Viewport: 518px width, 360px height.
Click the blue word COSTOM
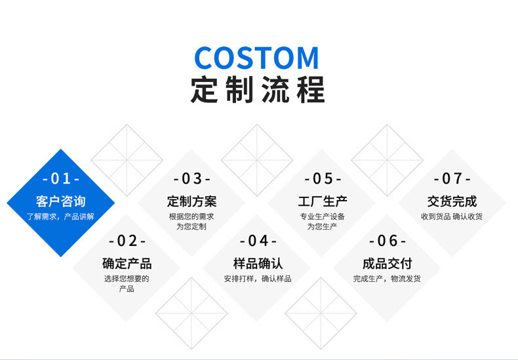point(257,58)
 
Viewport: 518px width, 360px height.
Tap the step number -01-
point(60,178)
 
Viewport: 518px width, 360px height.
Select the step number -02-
point(127,241)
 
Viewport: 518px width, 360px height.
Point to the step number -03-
point(191,178)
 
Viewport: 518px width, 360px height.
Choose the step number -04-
point(258,241)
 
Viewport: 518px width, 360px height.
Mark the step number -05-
point(323,178)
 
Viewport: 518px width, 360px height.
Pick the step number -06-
point(388,241)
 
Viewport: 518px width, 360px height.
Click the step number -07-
point(452,178)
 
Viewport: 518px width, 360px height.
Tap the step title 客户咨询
point(60,201)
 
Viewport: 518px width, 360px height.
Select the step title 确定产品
point(127,264)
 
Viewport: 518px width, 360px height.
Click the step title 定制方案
point(191,201)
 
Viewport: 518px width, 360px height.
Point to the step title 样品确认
point(258,264)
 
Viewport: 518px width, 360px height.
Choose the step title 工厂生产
point(323,201)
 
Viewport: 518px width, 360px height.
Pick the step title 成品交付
point(388,264)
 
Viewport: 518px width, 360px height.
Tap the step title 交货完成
point(452,201)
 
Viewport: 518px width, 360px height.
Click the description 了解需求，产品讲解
point(60,216)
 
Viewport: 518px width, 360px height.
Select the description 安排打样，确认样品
point(258,279)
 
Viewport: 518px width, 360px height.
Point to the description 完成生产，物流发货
point(388,279)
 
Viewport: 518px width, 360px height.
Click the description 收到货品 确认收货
point(452,216)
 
